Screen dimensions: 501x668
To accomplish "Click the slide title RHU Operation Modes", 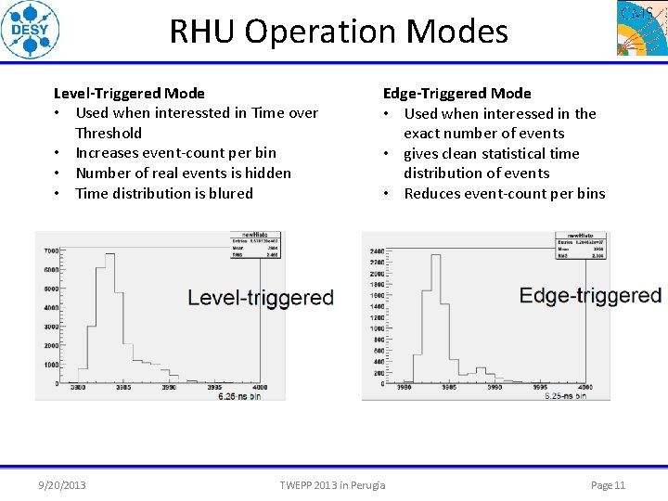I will point(339,32).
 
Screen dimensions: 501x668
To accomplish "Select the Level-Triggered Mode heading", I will point(129,93).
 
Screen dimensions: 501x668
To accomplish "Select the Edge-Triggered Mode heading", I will point(457,93).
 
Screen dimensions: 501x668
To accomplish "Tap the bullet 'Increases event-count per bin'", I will point(175,153).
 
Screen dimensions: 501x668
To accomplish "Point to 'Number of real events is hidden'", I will point(183,173).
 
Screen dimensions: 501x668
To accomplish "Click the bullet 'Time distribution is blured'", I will point(163,193).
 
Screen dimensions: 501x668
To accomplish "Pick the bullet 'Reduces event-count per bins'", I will point(504,193).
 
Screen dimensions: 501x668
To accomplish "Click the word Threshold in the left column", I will point(109,133).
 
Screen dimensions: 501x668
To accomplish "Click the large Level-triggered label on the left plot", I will point(260,298).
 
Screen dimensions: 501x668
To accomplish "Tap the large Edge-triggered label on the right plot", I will point(590,296).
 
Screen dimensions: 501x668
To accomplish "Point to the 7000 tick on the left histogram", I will point(50,250).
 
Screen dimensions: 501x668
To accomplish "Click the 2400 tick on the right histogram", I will point(377,250).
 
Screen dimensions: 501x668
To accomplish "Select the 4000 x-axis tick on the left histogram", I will point(259,387).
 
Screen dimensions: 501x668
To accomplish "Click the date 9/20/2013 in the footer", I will point(62,485).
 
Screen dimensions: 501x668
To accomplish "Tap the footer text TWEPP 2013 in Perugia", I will point(332,485).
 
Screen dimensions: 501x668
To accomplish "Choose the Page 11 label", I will point(608,485).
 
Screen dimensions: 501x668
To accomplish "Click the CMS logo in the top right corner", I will point(641,28).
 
